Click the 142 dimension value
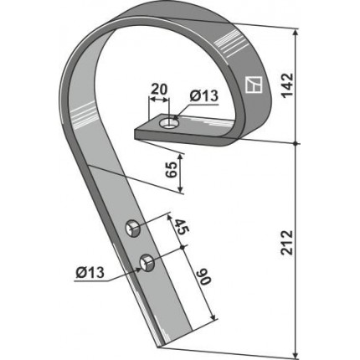point(287,85)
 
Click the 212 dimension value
point(287,242)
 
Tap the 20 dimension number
point(159,90)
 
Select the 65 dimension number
point(172,170)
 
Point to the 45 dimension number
point(182,227)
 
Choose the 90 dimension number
point(204,277)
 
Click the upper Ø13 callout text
point(203,96)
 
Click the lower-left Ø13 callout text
point(90,272)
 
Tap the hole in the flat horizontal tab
point(169,123)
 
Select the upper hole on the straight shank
point(133,228)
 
